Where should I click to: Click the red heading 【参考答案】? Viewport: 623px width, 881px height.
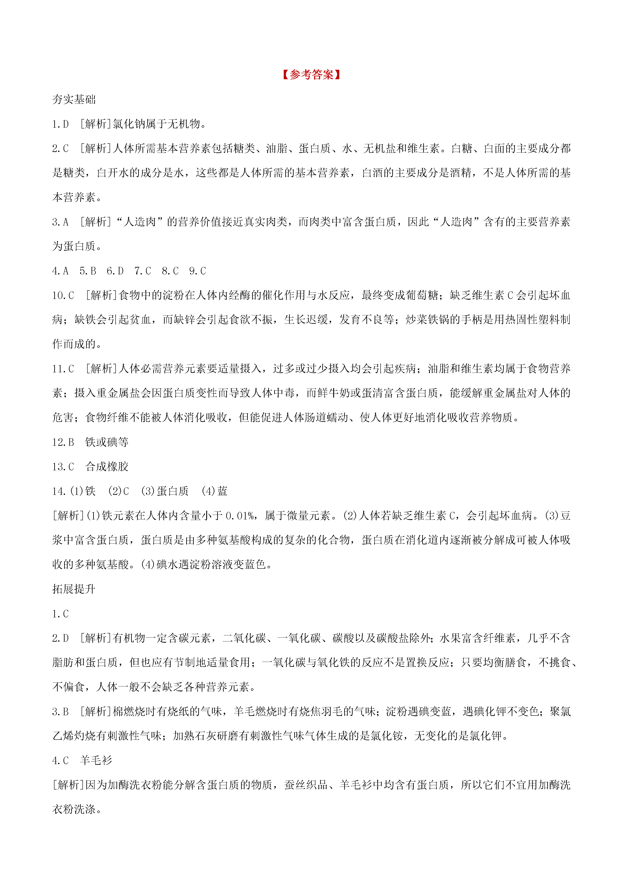point(311,74)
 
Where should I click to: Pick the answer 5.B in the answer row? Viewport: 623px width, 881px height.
point(88,271)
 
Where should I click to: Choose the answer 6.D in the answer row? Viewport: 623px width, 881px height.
point(115,271)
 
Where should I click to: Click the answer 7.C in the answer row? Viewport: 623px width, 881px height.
point(143,271)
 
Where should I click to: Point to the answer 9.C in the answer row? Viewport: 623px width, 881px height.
point(198,271)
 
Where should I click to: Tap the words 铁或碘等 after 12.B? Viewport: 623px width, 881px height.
point(107,442)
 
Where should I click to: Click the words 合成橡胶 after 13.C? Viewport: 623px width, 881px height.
point(107,467)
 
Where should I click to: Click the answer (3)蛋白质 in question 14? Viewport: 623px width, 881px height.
point(165,491)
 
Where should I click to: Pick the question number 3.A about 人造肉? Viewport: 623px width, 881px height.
point(61,222)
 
